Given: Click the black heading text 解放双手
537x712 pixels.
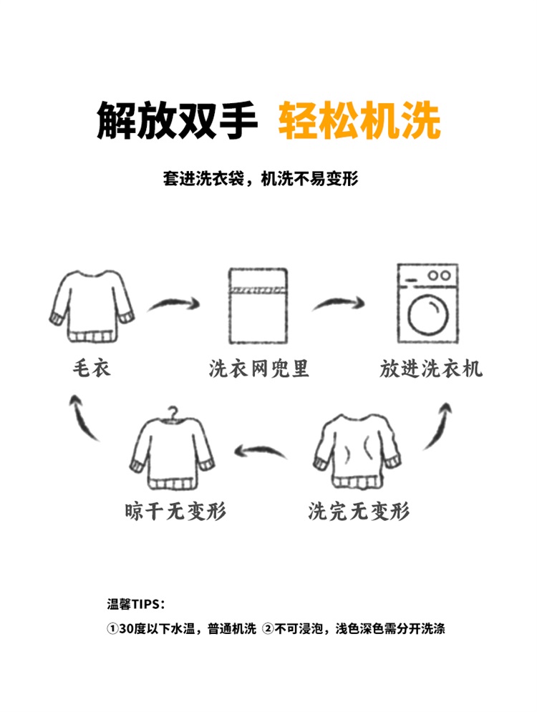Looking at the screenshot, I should click(x=177, y=122).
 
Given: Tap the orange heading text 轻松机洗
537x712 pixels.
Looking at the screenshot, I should click(x=359, y=122).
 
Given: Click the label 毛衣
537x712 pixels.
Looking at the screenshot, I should click(x=92, y=369).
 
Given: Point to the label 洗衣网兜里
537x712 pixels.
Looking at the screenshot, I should click(x=259, y=369).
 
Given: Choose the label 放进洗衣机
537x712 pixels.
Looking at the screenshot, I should click(x=431, y=369).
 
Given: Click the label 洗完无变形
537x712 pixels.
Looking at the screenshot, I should click(x=359, y=511).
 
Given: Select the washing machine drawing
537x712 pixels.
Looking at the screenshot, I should click(x=428, y=303).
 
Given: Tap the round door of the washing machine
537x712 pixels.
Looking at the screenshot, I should click(x=427, y=316).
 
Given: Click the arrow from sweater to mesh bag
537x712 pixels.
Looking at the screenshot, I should click(x=173, y=305).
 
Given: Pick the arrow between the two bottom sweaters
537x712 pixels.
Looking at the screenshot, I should click(x=261, y=451).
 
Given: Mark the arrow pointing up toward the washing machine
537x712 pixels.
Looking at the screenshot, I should click(x=438, y=425).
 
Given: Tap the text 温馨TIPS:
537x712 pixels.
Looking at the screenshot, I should click(x=135, y=604).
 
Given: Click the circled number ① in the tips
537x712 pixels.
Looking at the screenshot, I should click(x=112, y=629).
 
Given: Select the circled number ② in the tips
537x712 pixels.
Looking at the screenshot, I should click(x=268, y=629).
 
